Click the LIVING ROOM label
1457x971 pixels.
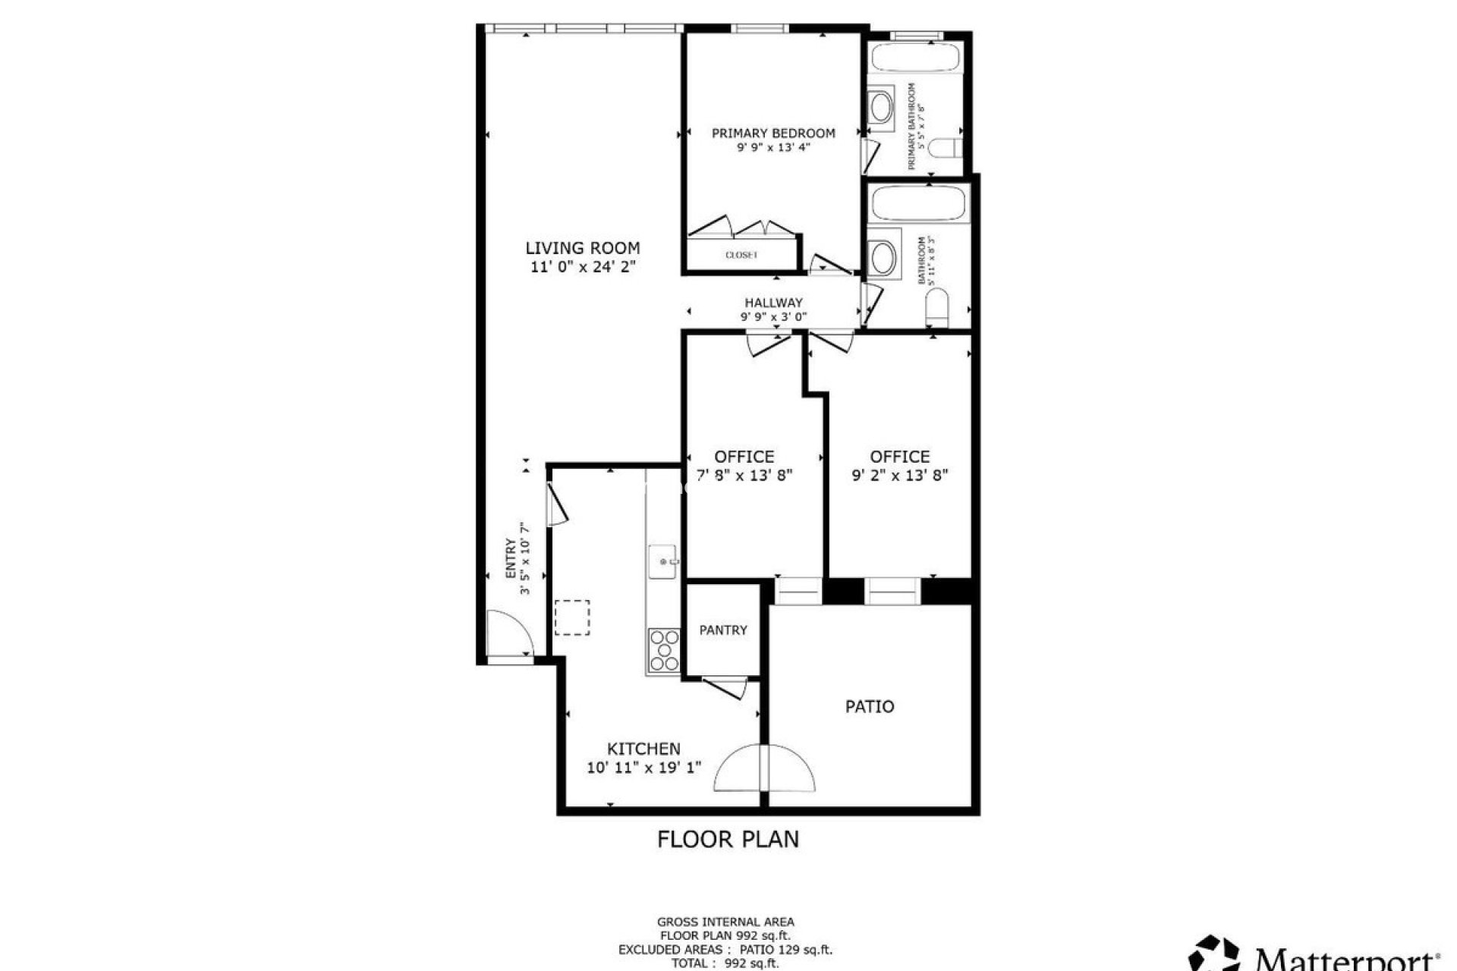coord(583,248)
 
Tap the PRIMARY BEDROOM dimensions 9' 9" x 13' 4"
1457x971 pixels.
coord(773,148)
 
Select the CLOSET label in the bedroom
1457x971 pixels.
coord(741,256)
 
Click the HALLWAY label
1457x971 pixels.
coord(773,303)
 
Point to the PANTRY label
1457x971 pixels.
coord(723,630)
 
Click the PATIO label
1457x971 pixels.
coord(870,707)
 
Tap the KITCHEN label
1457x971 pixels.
coord(644,749)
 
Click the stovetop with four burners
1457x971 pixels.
coord(664,651)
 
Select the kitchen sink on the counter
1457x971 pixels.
coord(664,562)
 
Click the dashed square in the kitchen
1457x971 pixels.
coord(572,617)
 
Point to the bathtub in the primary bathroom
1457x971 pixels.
coord(915,59)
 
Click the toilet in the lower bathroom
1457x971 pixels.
coord(938,306)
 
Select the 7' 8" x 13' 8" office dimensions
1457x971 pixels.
coord(744,476)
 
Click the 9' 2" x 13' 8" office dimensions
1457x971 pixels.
coord(900,476)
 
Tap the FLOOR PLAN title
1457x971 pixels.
coord(728,839)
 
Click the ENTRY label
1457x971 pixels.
coord(511,559)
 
